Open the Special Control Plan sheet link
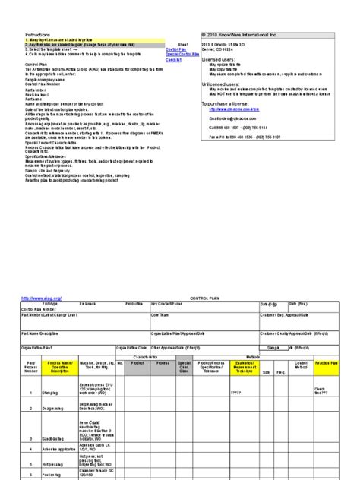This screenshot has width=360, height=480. point(176,55)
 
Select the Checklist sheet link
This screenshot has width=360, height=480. point(173,60)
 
